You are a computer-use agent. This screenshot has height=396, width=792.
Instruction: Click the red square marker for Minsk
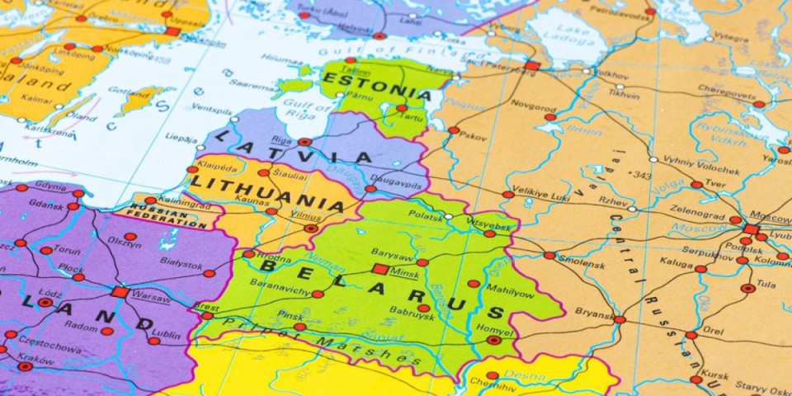(x=379, y=269)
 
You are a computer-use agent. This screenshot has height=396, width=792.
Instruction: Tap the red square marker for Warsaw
(x=120, y=292)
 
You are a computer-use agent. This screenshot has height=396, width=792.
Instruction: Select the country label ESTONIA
(x=376, y=82)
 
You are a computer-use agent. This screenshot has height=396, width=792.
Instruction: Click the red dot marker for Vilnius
(x=310, y=229)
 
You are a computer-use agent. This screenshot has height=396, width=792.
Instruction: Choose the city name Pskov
(x=473, y=136)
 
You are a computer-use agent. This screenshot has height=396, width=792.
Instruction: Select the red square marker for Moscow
(x=751, y=229)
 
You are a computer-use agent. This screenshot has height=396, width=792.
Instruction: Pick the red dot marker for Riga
(x=304, y=142)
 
